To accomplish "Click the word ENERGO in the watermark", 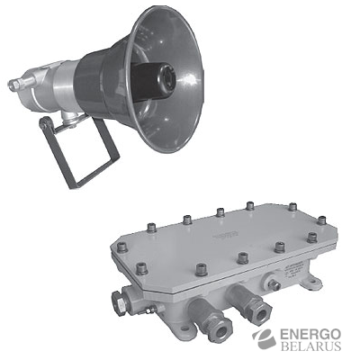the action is coord(310,335).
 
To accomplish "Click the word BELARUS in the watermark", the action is coord(310,346).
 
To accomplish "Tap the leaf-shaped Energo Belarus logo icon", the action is coord(264,339).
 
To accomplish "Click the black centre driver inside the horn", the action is coord(153,79).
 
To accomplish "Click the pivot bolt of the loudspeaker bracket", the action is coord(46,123).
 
